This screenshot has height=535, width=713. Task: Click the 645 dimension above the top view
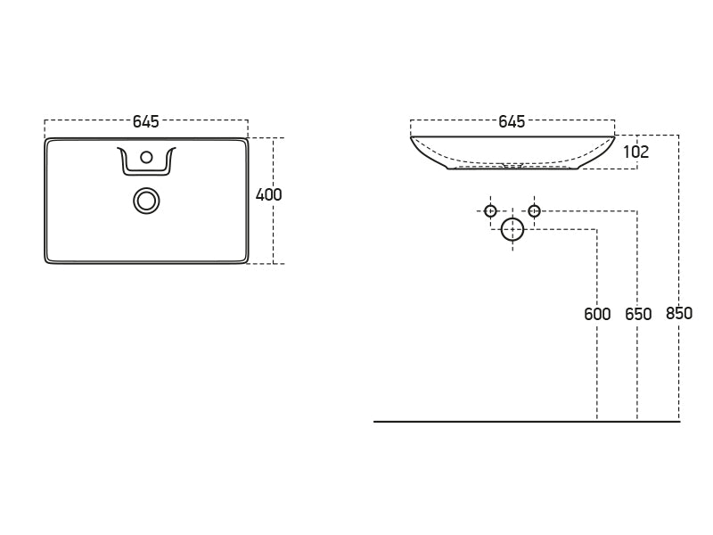pos(146,121)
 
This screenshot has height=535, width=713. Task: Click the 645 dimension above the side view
pos(512,121)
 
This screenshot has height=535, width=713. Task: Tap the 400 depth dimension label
pos(269,194)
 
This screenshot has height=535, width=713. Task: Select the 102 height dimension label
pos(636,152)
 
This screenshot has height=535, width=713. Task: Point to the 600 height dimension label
pos(597,314)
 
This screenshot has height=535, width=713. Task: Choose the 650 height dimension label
pos(638,314)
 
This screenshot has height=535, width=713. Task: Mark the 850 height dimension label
pos(679,314)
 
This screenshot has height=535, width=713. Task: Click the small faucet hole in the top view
pos(146,158)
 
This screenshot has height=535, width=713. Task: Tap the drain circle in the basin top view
pos(146,201)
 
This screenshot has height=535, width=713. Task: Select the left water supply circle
pos(490,211)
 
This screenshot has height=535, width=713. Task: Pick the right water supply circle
pos(534,211)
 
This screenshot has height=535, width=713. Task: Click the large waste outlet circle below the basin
pos(512,230)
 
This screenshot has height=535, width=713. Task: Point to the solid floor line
pos(527,422)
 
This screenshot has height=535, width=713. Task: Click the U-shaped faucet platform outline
pos(146,160)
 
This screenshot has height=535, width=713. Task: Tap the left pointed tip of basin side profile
pos(411,137)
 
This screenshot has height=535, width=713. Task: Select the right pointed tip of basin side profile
pos(614,136)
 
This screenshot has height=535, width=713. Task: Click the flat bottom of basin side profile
pos(513,169)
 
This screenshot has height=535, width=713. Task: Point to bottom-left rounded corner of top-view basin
pos(47,260)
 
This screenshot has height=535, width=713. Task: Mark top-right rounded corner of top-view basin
pos(245,141)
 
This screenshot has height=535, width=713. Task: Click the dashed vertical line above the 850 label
pos(679,220)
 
